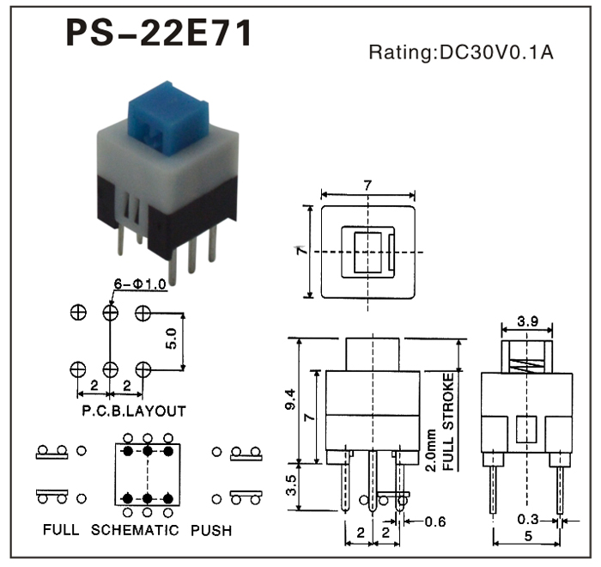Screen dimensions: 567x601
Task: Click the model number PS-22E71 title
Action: pos(160,34)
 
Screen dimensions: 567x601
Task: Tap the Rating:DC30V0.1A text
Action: pos(461,52)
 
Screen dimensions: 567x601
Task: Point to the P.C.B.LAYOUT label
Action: pos(133,412)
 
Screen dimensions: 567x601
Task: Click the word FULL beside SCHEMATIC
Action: pos(62,530)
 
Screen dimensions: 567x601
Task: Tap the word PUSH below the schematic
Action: pos(211,530)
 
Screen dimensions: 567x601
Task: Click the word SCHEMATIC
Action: pos(137,530)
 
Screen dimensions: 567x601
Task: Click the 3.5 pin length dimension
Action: pos(291,487)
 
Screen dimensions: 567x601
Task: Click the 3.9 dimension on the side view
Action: pos(527,323)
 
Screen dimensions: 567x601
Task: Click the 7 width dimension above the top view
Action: pos(367,185)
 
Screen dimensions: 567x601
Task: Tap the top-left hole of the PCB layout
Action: pos(77,313)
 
